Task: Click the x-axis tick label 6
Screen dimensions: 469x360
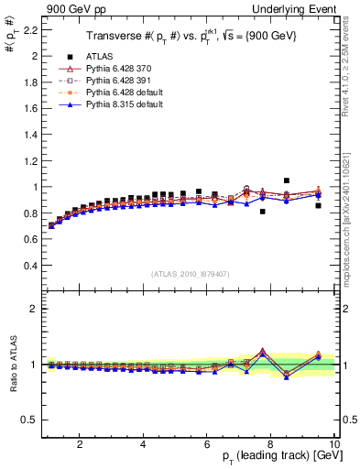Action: point(207,445)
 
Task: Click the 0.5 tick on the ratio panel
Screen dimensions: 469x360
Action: point(29,420)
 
